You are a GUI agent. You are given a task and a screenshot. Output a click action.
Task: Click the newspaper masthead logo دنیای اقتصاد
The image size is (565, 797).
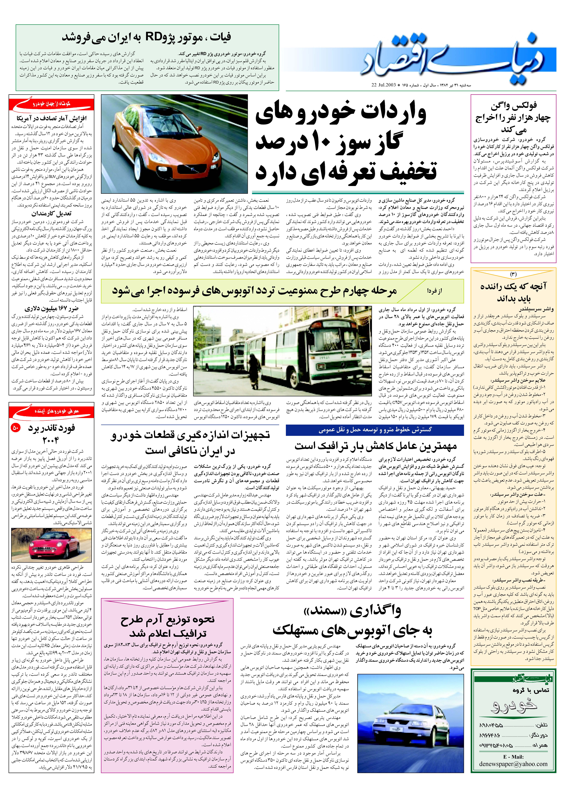coord(456,58)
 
